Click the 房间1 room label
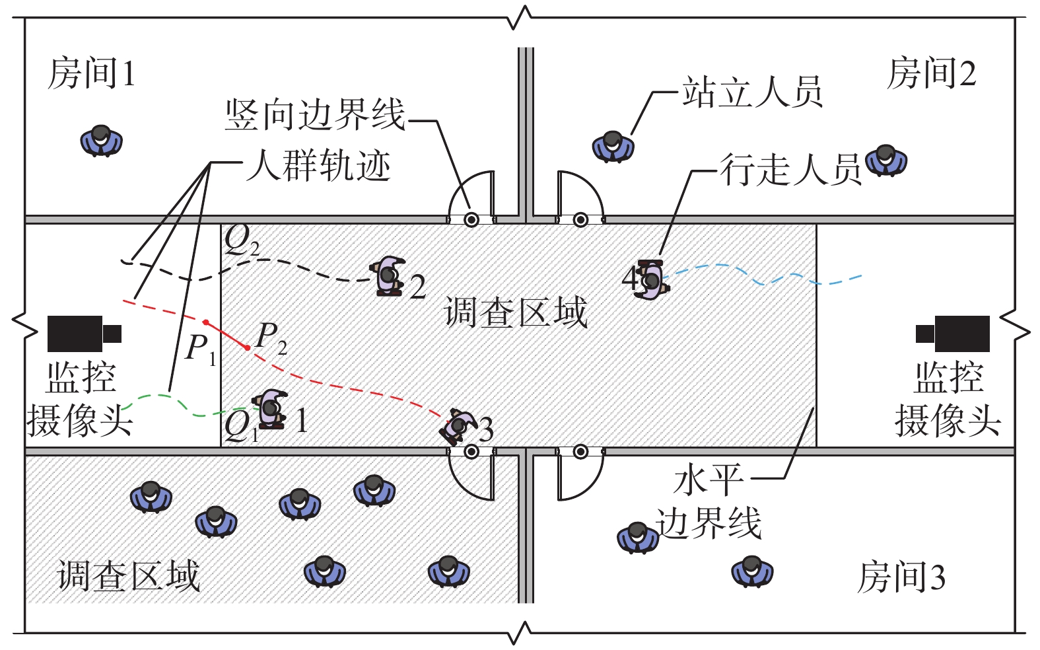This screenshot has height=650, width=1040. [x=92, y=73]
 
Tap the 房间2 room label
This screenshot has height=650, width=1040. [x=931, y=73]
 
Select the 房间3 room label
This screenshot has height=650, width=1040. [x=901, y=577]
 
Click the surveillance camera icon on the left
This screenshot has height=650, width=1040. [x=83, y=334]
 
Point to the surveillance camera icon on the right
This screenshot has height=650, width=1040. [x=953, y=334]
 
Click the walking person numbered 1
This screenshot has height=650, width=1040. [x=271, y=409]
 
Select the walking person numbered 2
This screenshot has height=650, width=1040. [x=389, y=275]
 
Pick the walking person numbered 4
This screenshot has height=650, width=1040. [x=651, y=279]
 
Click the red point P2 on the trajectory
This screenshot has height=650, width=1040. [x=248, y=347]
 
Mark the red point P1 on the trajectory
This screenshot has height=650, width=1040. [x=206, y=322]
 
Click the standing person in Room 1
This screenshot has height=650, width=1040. [x=102, y=140]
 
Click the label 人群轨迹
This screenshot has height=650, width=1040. [x=318, y=165]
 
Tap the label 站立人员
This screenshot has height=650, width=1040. [x=752, y=92]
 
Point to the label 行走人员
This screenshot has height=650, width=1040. [x=790, y=170]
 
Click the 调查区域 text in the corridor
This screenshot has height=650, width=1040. [x=516, y=312]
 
